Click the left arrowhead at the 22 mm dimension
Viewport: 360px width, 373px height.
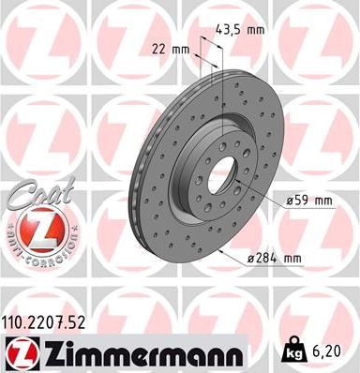(x=197, y=49)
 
